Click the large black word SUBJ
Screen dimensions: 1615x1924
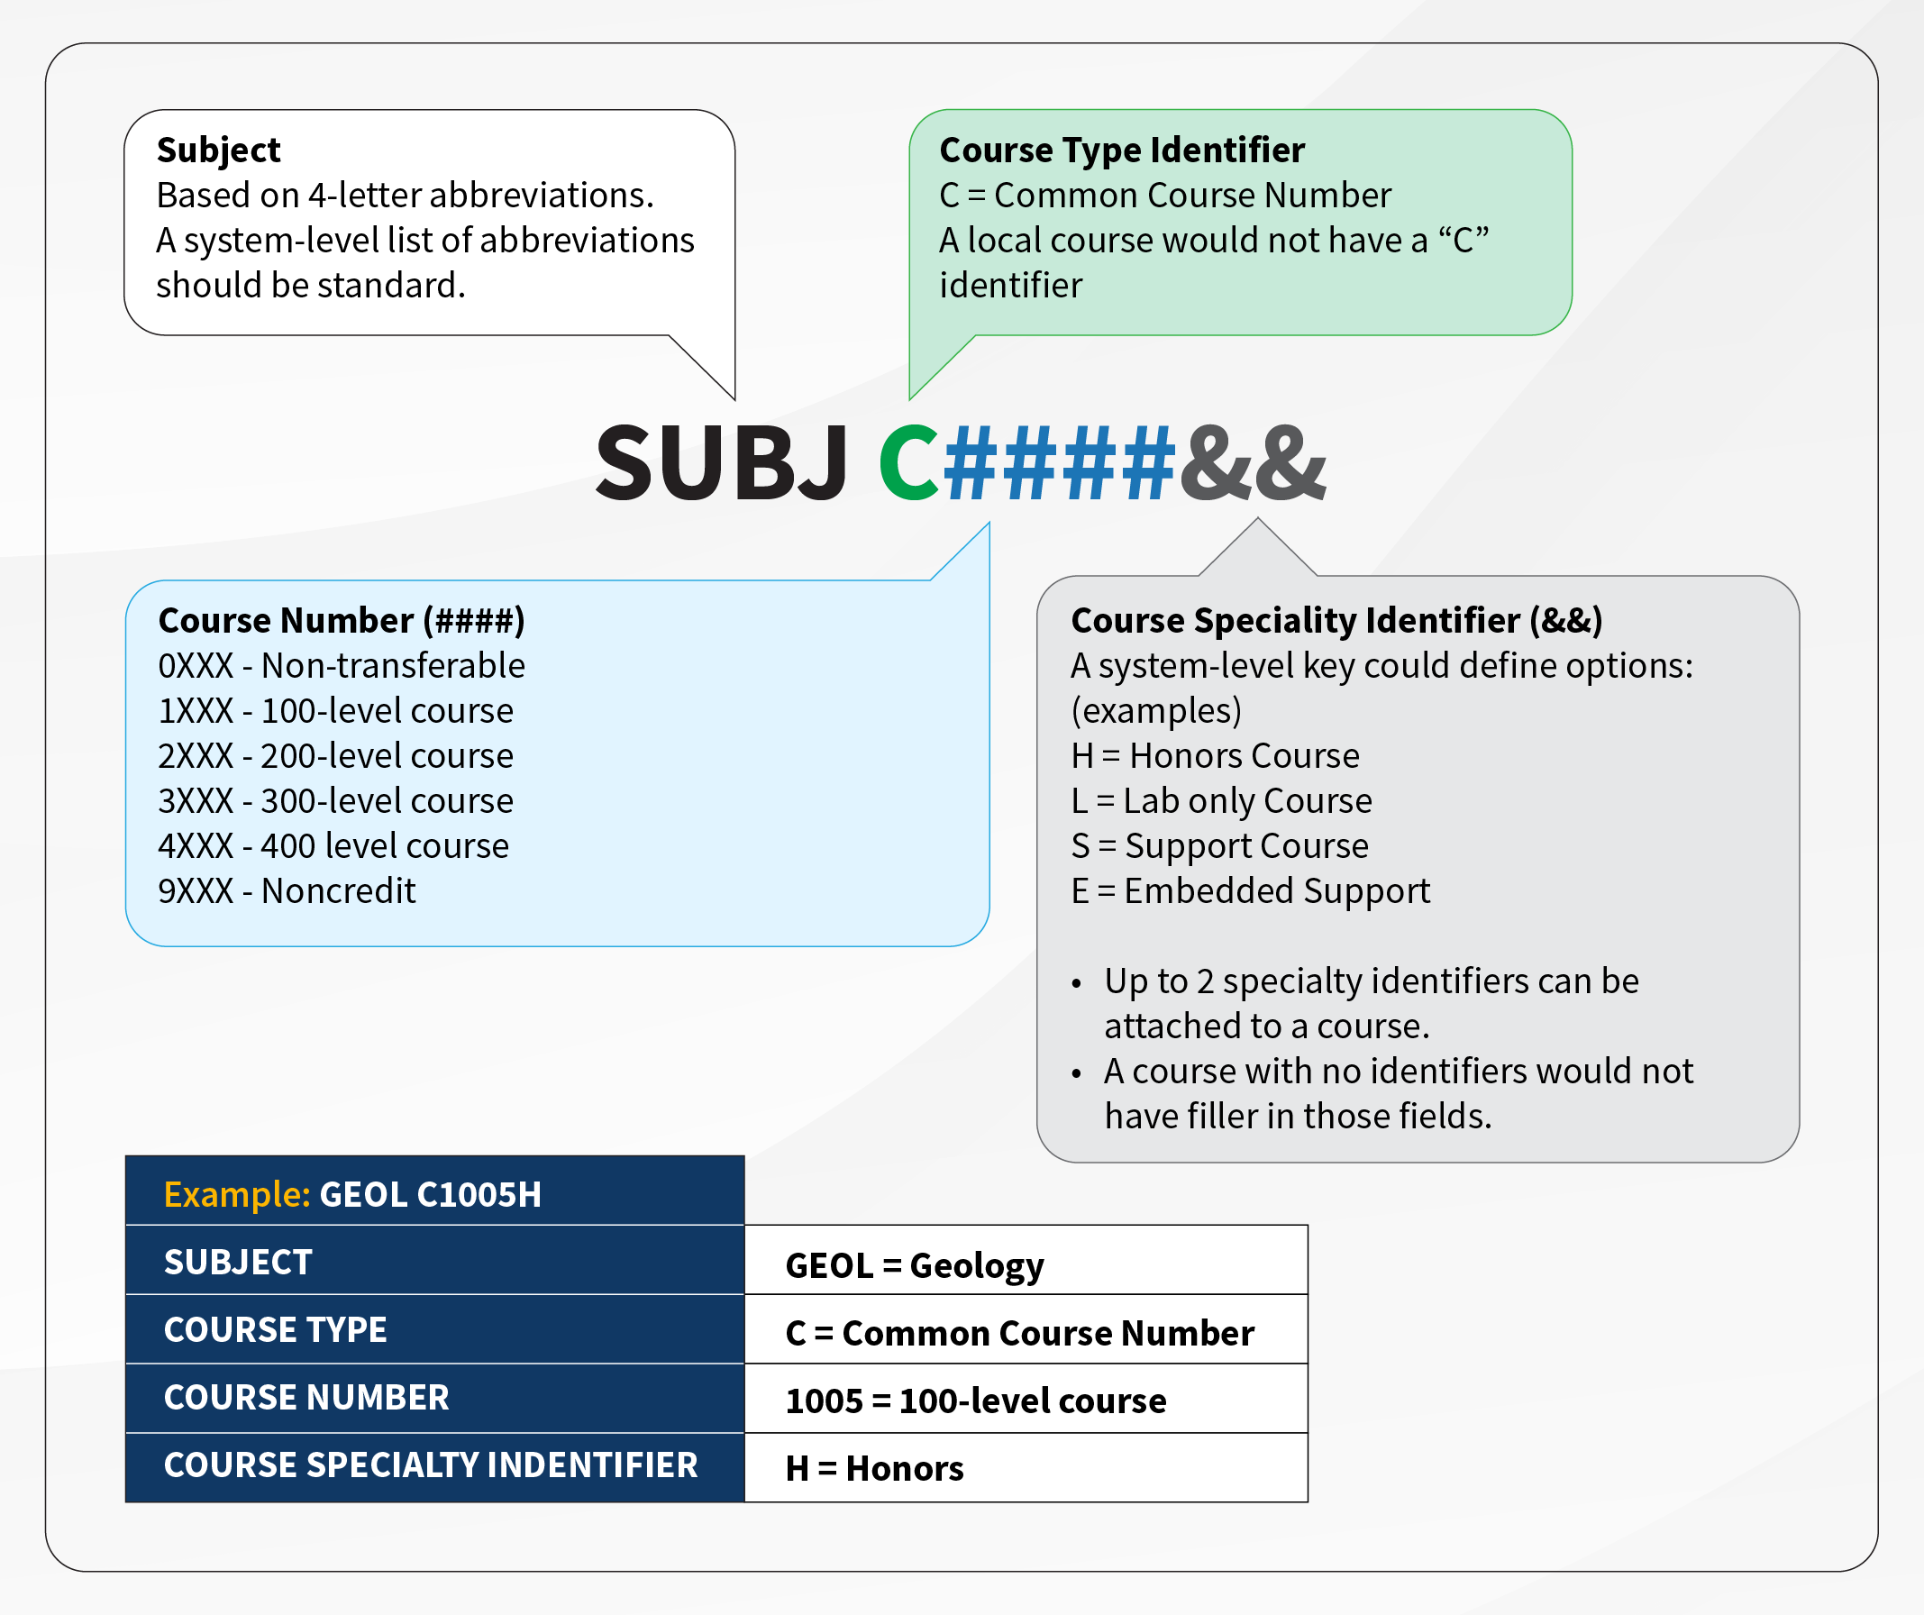[721, 463]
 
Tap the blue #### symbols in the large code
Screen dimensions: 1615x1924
[1058, 463]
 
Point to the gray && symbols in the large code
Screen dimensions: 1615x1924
[1253, 463]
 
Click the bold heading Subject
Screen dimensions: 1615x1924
[218, 151]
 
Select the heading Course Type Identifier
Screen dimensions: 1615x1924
[1121, 151]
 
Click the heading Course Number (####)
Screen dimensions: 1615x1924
[341, 620]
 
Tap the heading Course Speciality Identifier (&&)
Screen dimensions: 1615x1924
[1336, 620]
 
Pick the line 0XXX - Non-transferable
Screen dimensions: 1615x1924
[341, 666]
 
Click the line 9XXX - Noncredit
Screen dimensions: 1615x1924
[287, 891]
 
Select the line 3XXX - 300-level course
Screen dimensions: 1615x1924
[335, 801]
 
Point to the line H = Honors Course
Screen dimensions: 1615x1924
[1214, 756]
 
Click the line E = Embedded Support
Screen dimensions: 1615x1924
[1250, 891]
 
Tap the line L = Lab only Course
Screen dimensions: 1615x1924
[1220, 801]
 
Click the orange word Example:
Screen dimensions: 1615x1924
[237, 1194]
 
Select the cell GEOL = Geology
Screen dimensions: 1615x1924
[914, 1265]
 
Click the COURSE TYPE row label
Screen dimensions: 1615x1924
[275, 1330]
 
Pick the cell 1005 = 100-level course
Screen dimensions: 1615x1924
[975, 1401]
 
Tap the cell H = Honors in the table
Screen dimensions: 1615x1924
[874, 1468]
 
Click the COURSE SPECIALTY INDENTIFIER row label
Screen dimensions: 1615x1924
[431, 1465]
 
